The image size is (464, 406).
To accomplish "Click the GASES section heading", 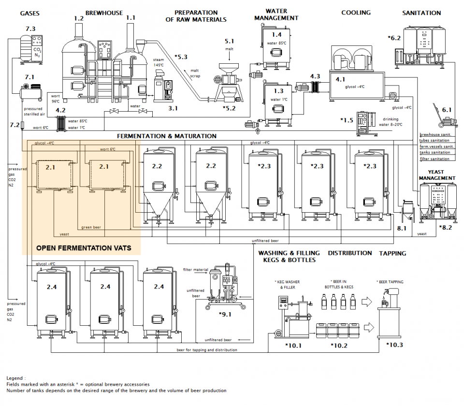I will coord(30,13).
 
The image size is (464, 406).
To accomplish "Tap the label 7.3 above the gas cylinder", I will coord(30,29).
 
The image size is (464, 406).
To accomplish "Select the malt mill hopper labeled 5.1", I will coord(229,68).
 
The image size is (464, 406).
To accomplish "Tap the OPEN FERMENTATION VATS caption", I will coord(84,248).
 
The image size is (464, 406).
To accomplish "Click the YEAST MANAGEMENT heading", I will coord(437,175).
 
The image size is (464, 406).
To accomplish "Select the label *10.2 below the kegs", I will coord(339,345).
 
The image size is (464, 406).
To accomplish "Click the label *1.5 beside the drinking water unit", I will coord(347,119).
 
